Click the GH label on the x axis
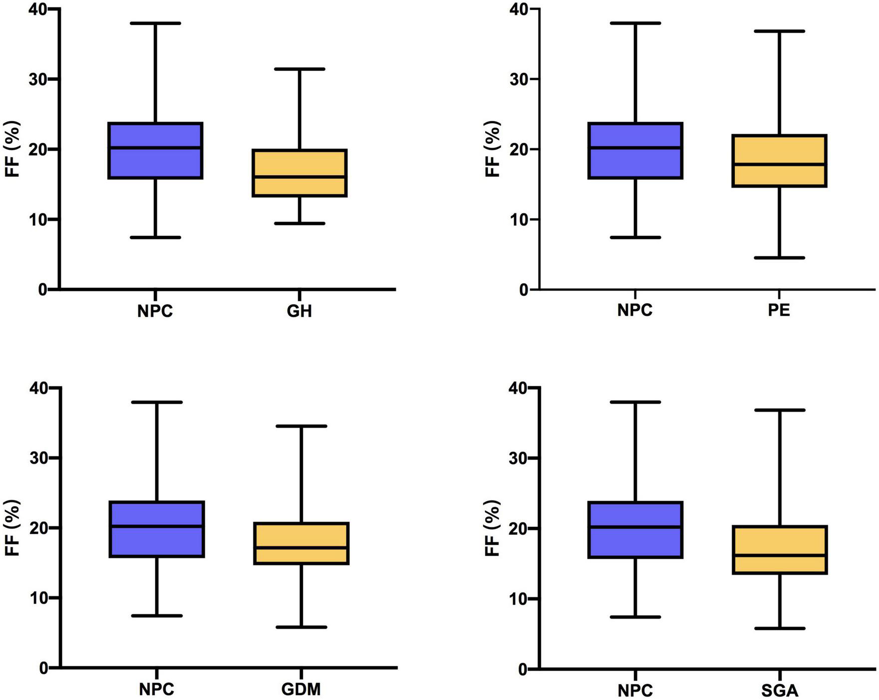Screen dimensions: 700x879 (x=299, y=311)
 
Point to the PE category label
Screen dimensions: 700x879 (x=779, y=310)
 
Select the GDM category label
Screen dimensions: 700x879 (x=301, y=690)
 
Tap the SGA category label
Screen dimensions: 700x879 (x=780, y=691)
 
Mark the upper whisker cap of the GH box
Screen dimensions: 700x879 (x=299, y=69)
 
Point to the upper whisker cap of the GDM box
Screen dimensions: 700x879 (x=301, y=426)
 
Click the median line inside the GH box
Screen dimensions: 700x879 (x=299, y=177)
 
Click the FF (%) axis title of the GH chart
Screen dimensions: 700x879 (x=13, y=149)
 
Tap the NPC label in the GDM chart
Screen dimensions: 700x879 (x=157, y=690)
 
